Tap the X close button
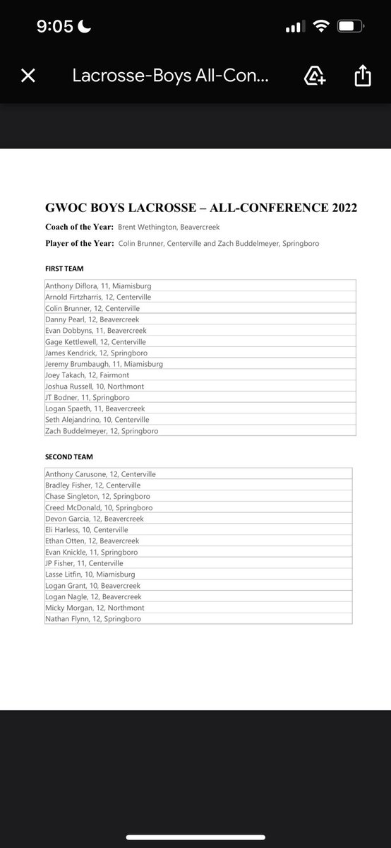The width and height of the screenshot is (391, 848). [28, 76]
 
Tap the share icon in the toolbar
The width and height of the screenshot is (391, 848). [362, 76]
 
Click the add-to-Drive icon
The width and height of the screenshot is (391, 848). [314, 76]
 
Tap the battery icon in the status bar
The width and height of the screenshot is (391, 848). [350, 27]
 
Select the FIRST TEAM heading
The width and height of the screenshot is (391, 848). [65, 269]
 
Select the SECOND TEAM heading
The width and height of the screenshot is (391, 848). [69, 457]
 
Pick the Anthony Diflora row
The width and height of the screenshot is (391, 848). [98, 286]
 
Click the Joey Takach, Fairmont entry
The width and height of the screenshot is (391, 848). [88, 375]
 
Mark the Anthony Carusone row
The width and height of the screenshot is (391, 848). [100, 474]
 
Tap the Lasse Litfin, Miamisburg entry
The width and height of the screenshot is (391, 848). [90, 575]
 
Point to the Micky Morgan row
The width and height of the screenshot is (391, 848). [95, 608]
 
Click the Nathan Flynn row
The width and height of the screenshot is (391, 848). [92, 619]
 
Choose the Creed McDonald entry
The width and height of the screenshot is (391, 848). [98, 507]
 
